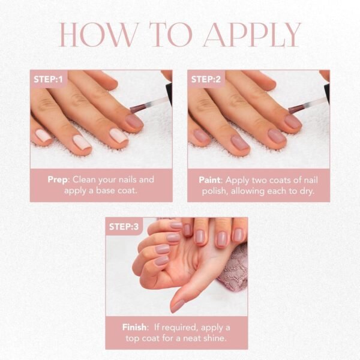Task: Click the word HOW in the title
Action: (x=95, y=36)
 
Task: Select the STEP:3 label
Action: (x=124, y=226)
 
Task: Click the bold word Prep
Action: (x=59, y=179)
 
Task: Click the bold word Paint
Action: (x=211, y=179)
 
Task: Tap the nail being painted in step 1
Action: (x=135, y=121)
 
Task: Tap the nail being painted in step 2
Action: (x=293, y=121)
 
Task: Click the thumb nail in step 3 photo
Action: (x=178, y=305)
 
